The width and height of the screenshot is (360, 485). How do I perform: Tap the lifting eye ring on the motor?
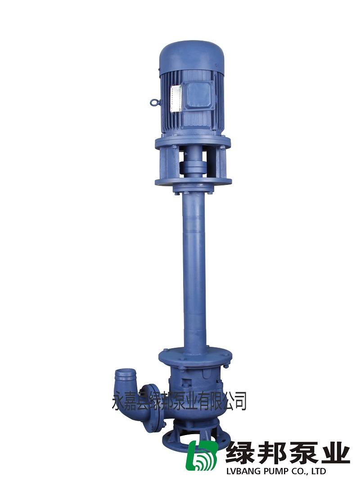[x=154, y=102]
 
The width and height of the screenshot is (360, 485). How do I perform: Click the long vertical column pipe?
[x=194, y=272]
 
